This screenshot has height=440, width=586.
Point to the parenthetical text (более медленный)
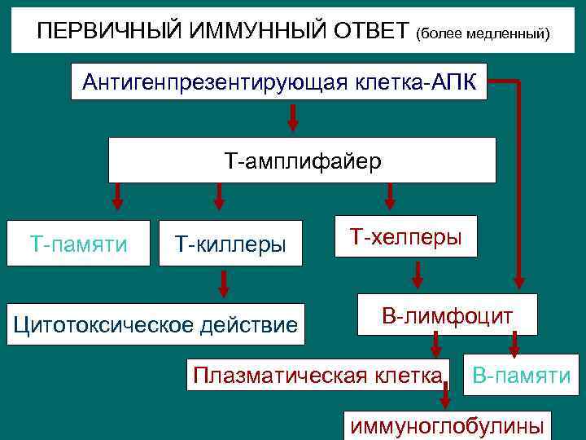(x=483, y=34)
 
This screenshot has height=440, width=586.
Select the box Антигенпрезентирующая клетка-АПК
(x=279, y=81)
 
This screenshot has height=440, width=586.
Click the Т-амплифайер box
(x=302, y=160)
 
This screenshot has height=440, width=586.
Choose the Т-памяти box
(x=79, y=243)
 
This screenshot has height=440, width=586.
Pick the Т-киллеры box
(x=230, y=243)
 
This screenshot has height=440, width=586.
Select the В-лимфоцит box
(x=448, y=315)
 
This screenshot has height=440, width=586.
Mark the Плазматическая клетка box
(x=317, y=375)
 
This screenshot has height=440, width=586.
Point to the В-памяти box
(x=521, y=375)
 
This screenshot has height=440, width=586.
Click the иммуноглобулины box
(x=446, y=425)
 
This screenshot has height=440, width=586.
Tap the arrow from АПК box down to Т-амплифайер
(x=293, y=117)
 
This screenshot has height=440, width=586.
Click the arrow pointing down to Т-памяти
(x=117, y=196)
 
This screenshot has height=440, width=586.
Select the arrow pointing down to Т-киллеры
(x=218, y=196)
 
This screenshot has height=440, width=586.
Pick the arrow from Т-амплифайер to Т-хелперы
(x=390, y=196)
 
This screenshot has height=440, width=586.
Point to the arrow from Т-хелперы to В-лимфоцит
(x=417, y=275)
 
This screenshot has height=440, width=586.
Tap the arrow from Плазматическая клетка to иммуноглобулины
(x=445, y=397)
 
